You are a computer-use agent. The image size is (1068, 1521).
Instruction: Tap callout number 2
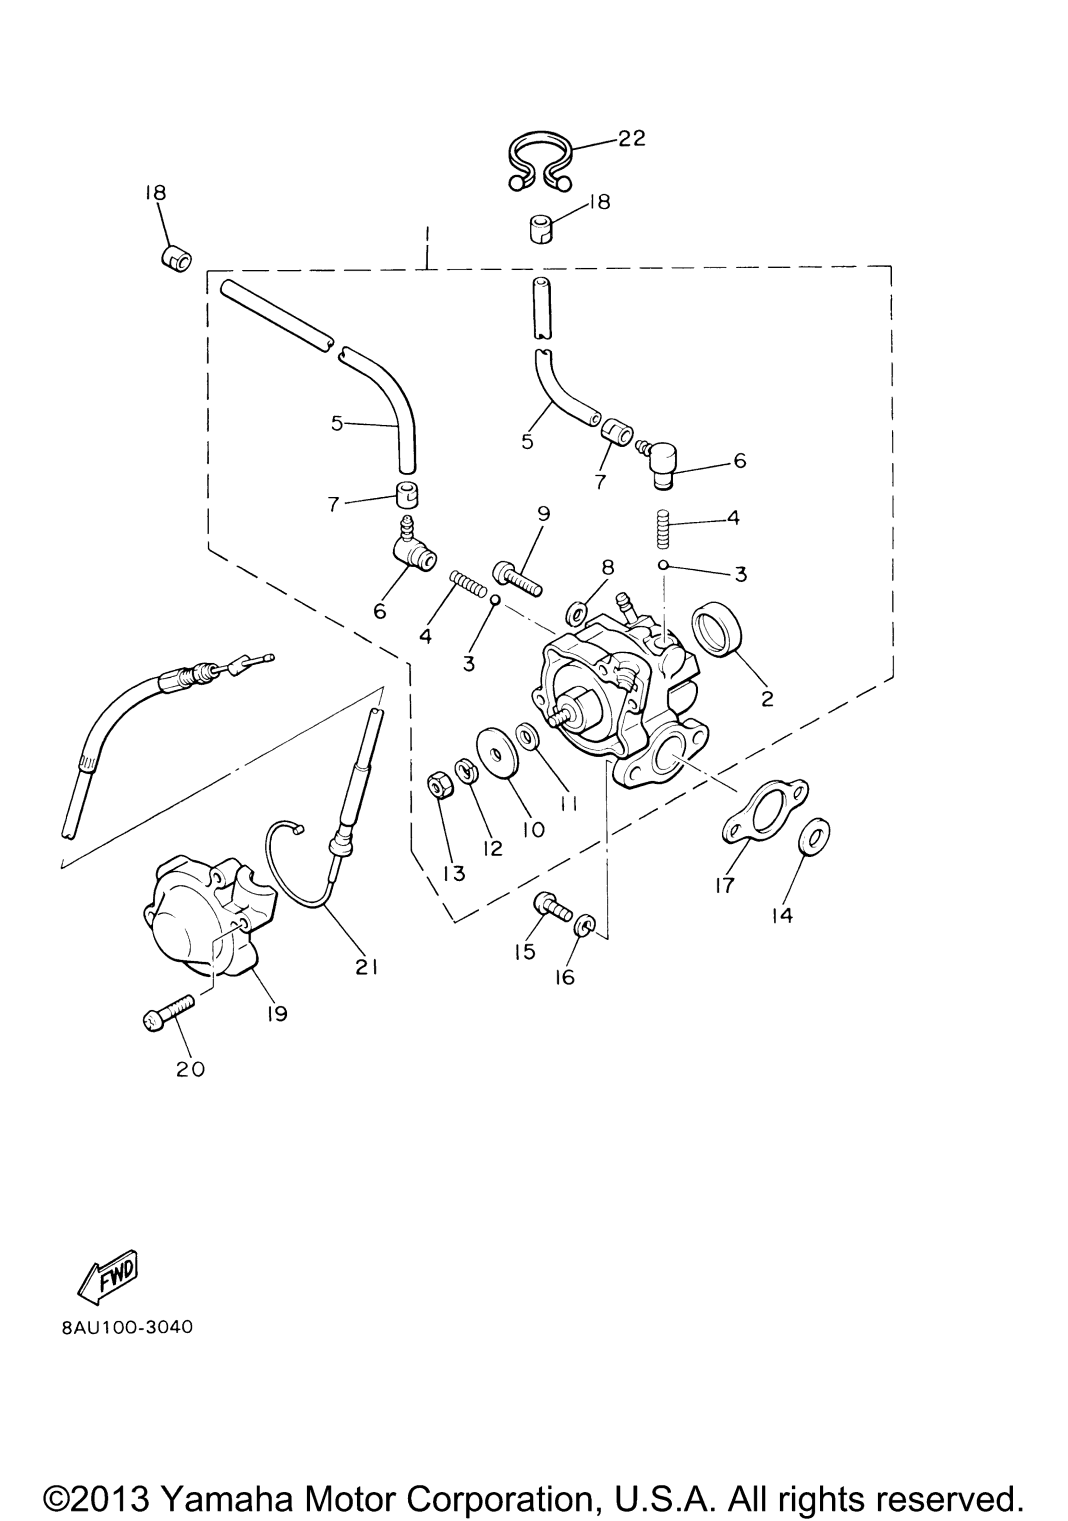(x=768, y=698)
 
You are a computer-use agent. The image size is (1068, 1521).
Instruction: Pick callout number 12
(x=493, y=848)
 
